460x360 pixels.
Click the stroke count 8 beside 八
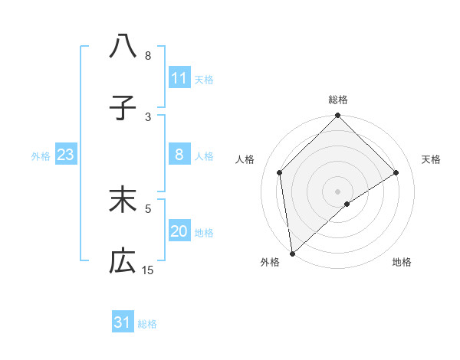click(x=148, y=56)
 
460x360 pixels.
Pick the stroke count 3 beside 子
click(x=148, y=116)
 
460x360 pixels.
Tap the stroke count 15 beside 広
click(x=148, y=270)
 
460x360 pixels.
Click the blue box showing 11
click(x=179, y=78)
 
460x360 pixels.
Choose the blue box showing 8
click(x=179, y=155)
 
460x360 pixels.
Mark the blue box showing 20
click(x=179, y=231)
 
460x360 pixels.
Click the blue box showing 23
click(x=65, y=155)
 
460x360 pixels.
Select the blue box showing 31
click(x=123, y=322)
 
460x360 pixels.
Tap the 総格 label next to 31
click(x=147, y=324)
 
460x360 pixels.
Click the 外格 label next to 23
click(x=41, y=156)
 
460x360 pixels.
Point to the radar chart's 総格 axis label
click(x=337, y=100)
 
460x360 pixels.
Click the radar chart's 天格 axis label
click(x=432, y=159)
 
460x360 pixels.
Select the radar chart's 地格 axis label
click(x=402, y=262)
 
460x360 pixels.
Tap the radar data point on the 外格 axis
click(x=291, y=254)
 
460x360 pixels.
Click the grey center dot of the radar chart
click(x=337, y=191)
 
